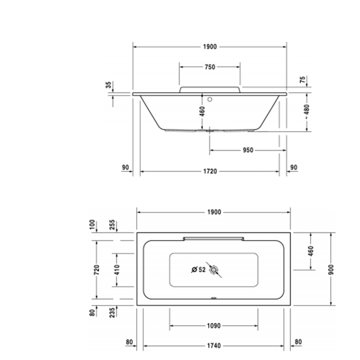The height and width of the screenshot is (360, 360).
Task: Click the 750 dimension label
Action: point(210,67)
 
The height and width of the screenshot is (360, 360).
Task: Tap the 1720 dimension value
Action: point(210,171)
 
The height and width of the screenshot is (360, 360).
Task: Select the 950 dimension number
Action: point(248,150)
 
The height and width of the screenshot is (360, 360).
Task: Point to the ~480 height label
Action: point(307,112)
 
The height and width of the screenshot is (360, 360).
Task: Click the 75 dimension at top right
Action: point(303,80)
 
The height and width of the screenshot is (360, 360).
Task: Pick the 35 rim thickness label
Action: point(109,85)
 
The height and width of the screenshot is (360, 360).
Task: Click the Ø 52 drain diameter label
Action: point(199,269)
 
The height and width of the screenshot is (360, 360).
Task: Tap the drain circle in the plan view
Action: point(214,270)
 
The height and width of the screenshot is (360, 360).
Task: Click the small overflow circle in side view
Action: point(210,99)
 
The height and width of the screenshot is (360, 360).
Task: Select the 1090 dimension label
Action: point(214,326)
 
